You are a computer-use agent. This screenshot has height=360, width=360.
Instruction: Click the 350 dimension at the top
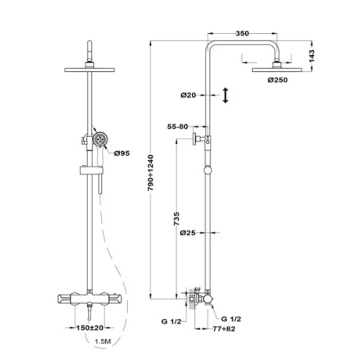coord(242,33)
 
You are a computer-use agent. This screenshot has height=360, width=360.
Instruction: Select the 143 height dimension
coord(311,56)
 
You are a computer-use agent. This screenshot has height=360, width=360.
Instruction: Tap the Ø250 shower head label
coord(278,80)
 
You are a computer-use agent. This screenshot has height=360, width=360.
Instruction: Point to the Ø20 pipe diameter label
coord(188,95)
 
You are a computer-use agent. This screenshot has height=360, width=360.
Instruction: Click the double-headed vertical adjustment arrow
coord(225,95)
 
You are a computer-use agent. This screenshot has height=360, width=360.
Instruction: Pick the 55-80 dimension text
coord(177,126)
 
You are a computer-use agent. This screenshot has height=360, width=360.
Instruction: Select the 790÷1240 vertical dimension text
coord(150,173)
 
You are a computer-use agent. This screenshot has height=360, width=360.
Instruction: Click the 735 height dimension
coord(176,219)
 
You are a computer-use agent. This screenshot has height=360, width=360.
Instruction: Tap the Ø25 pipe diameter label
coord(188,233)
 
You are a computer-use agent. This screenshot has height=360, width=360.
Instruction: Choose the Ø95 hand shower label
coord(122,153)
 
